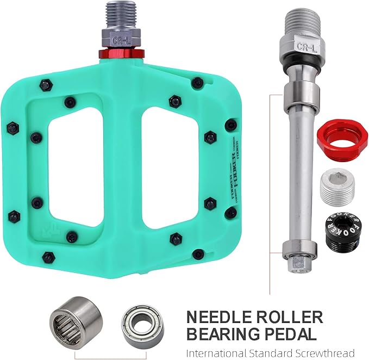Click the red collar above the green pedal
point(122,53)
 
